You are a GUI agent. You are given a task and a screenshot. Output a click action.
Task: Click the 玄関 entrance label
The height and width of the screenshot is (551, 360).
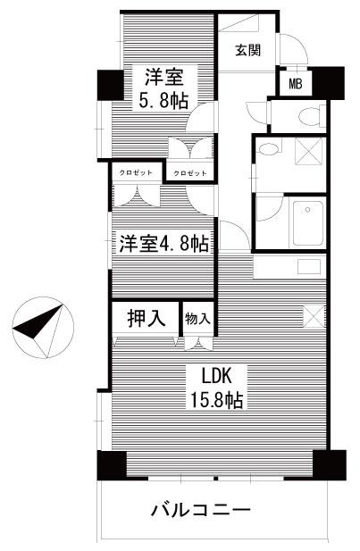(248, 51)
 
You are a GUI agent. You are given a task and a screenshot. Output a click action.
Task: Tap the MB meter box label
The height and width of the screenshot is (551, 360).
(296, 84)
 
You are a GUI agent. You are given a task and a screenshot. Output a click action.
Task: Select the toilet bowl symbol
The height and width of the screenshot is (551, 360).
(309, 116)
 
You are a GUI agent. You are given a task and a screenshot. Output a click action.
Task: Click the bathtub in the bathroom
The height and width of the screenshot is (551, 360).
(308, 223)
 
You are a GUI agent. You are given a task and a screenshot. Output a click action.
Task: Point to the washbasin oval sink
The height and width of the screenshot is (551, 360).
(269, 149)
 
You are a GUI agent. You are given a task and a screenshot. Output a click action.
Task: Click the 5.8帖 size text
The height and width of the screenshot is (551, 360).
(163, 102)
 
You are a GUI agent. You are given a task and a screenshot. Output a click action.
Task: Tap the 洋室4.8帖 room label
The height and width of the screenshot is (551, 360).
(164, 243)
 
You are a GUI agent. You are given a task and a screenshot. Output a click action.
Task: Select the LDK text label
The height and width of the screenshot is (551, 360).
(216, 377)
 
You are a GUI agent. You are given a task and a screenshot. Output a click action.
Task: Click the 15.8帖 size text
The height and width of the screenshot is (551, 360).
(216, 400)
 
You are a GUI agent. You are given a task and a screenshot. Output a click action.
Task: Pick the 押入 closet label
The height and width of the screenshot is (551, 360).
(146, 319)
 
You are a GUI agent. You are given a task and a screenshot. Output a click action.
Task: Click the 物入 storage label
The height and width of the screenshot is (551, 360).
(197, 319)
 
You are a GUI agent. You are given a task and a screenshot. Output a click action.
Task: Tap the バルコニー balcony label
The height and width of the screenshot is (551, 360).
(201, 510)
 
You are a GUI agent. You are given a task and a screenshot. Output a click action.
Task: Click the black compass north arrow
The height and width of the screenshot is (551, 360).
(38, 323)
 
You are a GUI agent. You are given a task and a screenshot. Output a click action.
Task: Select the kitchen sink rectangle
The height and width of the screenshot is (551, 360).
(309, 267)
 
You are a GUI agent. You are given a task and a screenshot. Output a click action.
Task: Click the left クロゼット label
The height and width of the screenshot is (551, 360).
(136, 172)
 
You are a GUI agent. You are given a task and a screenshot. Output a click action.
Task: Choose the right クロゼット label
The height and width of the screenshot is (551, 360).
(190, 173)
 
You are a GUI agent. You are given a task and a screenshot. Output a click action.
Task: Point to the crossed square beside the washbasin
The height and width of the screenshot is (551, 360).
(309, 151)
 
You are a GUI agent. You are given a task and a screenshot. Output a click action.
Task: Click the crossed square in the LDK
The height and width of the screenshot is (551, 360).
(314, 316)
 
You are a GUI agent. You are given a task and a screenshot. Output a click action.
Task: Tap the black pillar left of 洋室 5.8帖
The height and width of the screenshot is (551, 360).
(110, 85)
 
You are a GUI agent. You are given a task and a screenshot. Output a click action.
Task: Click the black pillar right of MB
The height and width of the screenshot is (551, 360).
(329, 83)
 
